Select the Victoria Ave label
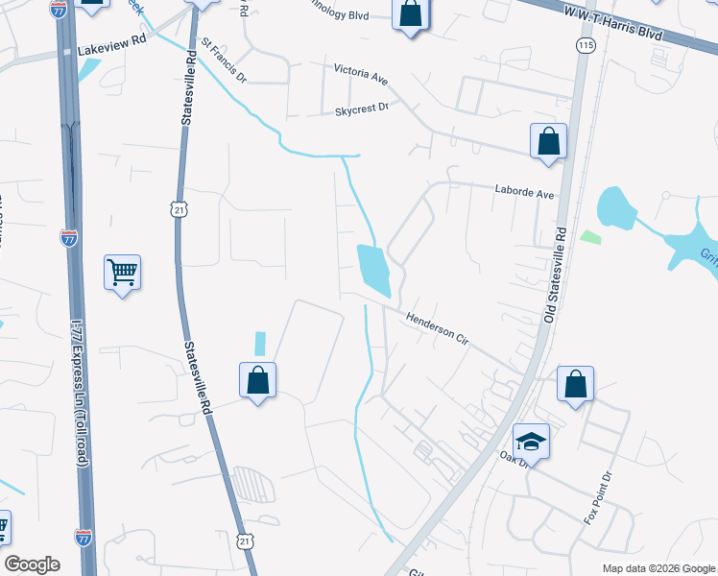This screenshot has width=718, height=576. (360, 71)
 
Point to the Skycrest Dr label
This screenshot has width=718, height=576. (362, 109)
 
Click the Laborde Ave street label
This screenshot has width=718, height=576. (525, 193)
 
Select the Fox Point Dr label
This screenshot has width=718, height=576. (598, 498)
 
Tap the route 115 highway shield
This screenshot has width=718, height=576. (584, 45)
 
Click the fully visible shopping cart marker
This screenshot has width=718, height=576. (123, 273)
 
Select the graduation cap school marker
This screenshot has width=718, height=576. (531, 441)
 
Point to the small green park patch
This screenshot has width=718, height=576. (589, 236)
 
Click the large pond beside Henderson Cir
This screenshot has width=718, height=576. (373, 269)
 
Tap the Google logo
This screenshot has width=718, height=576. (32, 564)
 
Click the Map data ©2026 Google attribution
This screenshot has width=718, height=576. (657, 568)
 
